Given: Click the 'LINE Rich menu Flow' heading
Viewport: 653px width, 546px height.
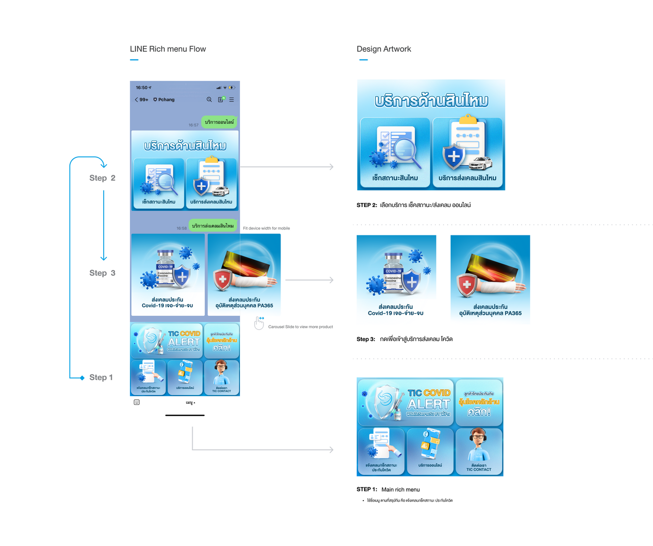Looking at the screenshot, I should pyautogui.click(x=168, y=49).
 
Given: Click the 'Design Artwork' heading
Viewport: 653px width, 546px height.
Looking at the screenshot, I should pyautogui.click(x=384, y=49).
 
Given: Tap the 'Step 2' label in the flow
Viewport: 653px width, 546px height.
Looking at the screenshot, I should pyautogui.click(x=102, y=178).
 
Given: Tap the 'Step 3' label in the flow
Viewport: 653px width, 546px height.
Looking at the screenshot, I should pyautogui.click(x=102, y=273).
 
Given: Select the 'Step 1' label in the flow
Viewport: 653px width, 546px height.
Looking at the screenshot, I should pyautogui.click(x=101, y=378).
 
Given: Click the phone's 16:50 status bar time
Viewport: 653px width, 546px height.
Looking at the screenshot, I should pyautogui.click(x=142, y=88).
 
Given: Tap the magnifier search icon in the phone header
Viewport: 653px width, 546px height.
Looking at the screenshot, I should pyautogui.click(x=209, y=100).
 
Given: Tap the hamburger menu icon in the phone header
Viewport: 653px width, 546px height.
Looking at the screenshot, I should pyautogui.click(x=232, y=100).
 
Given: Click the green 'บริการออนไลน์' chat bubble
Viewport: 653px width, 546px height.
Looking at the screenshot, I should pyautogui.click(x=219, y=122).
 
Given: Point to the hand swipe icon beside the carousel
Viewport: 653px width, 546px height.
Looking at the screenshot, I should pyautogui.click(x=259, y=323).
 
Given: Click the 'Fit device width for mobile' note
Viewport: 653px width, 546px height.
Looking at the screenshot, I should pyautogui.click(x=266, y=228).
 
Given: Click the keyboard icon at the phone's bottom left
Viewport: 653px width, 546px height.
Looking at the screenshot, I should pyautogui.click(x=137, y=402).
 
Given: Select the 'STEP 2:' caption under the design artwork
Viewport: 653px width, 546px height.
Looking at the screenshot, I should pyautogui.click(x=367, y=205).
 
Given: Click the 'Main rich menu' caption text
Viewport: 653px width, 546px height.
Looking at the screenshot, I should pyautogui.click(x=400, y=489).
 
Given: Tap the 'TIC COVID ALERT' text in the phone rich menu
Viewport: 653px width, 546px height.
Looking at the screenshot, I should pyautogui.click(x=183, y=338).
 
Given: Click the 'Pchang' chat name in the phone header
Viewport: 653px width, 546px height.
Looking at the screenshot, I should pyautogui.click(x=166, y=100).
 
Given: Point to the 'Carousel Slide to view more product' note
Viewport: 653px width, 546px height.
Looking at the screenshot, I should pyautogui.click(x=300, y=327).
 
